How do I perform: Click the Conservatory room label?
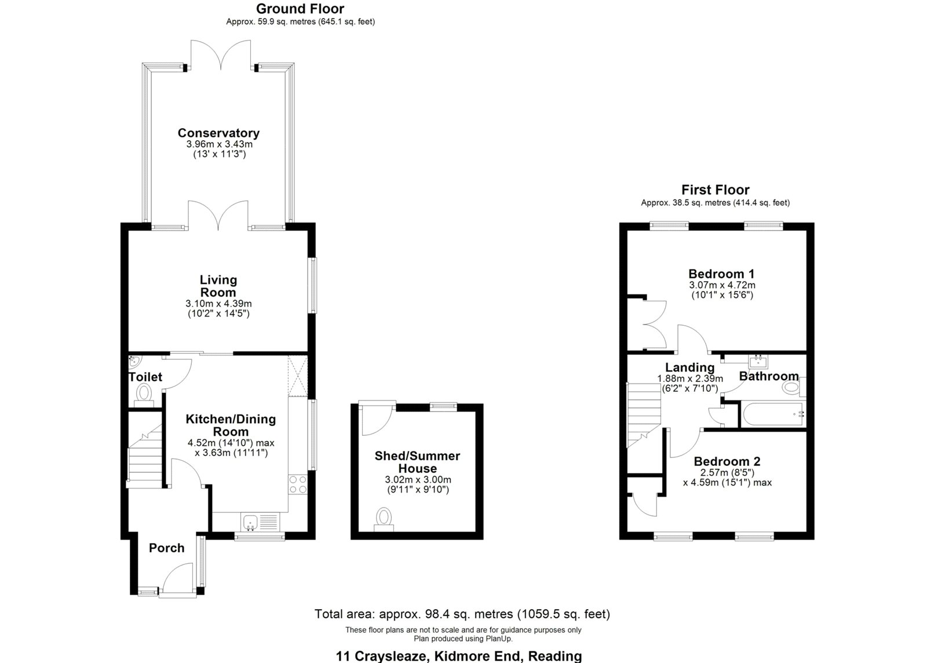[218, 133]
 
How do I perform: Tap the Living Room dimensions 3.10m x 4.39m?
[218, 304]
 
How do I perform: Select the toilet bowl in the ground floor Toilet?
[143, 394]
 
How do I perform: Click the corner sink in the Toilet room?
[133, 362]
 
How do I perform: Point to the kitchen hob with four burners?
[297, 484]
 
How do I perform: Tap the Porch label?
[167, 548]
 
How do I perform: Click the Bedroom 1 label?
[721, 274]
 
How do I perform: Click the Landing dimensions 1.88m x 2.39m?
[689, 378]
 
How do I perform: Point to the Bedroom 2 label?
[727, 461]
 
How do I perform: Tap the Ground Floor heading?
[300, 9]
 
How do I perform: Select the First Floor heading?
[715, 190]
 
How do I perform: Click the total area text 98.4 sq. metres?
[462, 614]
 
